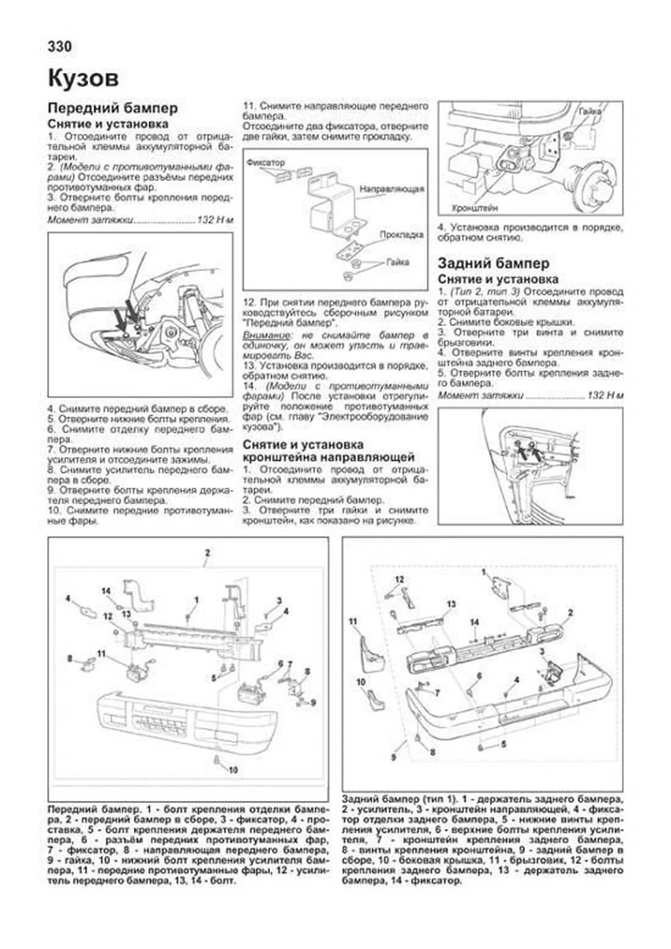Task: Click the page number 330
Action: click(x=60, y=46)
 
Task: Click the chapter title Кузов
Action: click(x=83, y=78)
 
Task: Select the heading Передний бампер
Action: click(x=112, y=108)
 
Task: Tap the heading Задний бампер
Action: click(x=493, y=263)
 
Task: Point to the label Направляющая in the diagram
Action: click(x=391, y=190)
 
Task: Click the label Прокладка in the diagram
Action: click(x=401, y=235)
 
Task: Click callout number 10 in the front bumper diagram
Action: click(x=233, y=769)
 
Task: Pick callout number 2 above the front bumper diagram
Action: click(x=207, y=553)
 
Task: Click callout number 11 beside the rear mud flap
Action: click(x=353, y=621)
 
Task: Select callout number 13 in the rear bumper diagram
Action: click(x=451, y=604)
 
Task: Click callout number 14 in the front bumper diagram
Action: click(x=106, y=591)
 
